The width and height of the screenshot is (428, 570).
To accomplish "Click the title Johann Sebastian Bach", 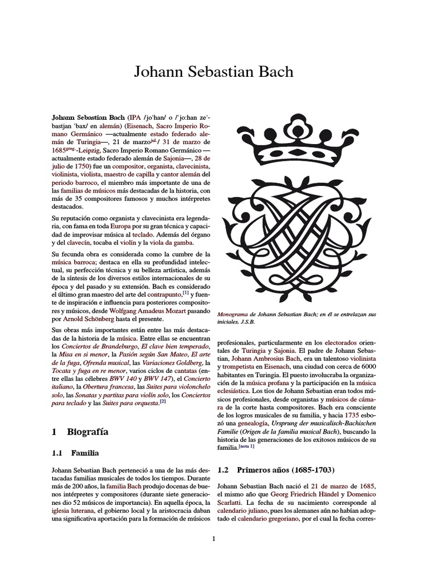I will pyautogui.click(x=213, y=72).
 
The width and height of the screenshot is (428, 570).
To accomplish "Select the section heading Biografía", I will pyautogui.click(x=87, y=431).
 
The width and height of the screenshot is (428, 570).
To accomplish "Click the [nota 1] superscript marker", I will pyautogui.click(x=246, y=446).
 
